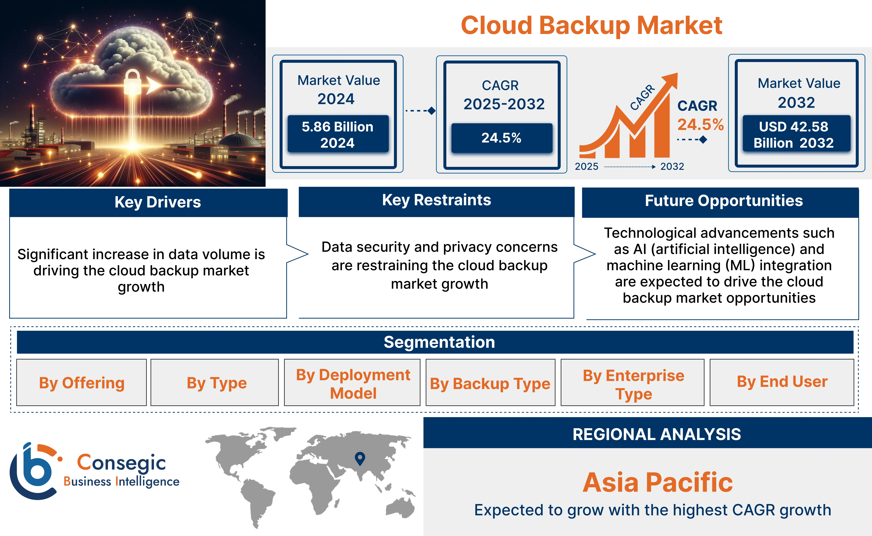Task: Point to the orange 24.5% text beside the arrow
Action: click(700, 124)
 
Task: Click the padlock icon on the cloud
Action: click(132, 82)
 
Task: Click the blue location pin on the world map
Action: click(360, 458)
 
